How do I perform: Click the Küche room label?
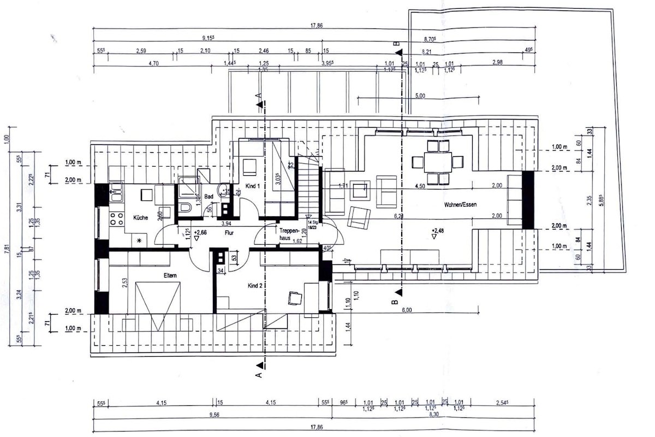pyautogui.click(x=141, y=218)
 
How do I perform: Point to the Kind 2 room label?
pyautogui.click(x=255, y=286)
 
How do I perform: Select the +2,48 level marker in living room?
pyautogui.click(x=438, y=230)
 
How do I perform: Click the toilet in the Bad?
pyautogui.click(x=184, y=208)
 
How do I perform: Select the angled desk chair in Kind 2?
pyautogui.click(x=295, y=298)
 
